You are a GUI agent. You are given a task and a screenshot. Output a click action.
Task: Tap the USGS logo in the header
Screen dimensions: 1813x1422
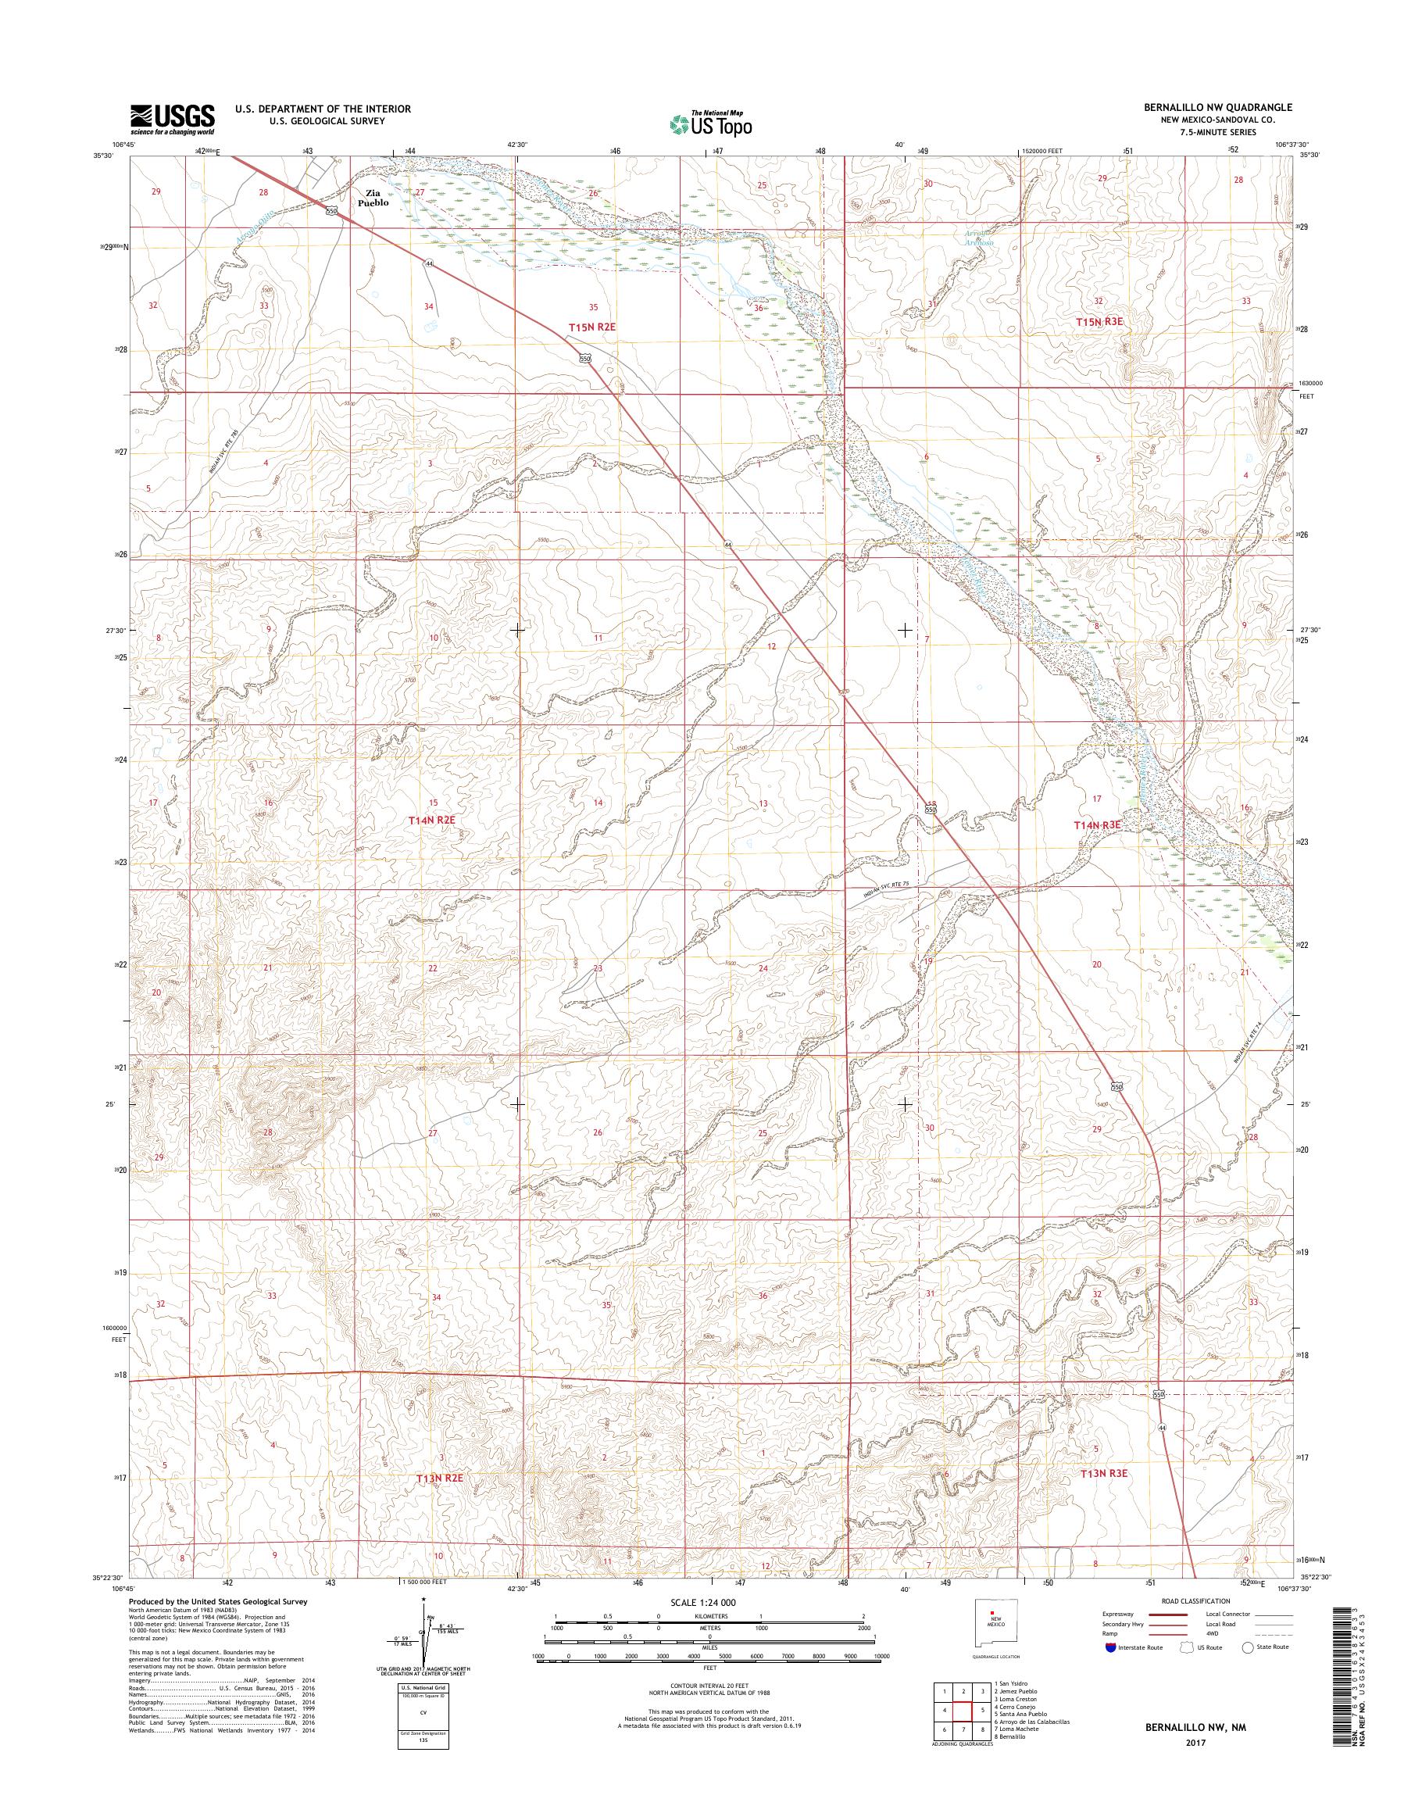coord(173,120)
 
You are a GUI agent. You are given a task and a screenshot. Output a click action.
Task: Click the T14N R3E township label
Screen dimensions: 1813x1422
coord(1096,824)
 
